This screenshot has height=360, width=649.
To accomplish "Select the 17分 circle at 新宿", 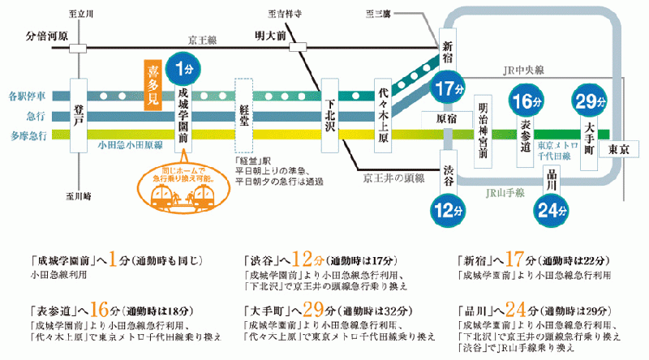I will click(x=449, y=88).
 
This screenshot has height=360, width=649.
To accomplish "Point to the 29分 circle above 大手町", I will click(x=590, y=101).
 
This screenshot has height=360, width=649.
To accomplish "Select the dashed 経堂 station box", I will click(x=244, y=114).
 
